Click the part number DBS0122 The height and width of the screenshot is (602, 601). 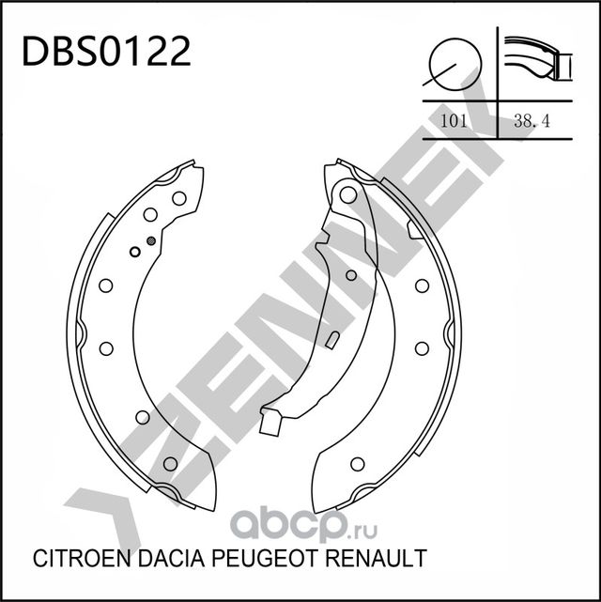point(105,52)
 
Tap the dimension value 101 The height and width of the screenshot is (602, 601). point(455,120)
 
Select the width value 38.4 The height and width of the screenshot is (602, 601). point(531,120)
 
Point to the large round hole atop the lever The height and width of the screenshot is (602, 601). point(349,195)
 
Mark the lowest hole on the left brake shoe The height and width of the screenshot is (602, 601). point(170,463)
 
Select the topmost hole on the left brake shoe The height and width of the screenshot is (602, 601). point(178,197)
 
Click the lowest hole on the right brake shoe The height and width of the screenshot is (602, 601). point(357,464)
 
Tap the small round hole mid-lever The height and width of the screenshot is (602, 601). point(351,275)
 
